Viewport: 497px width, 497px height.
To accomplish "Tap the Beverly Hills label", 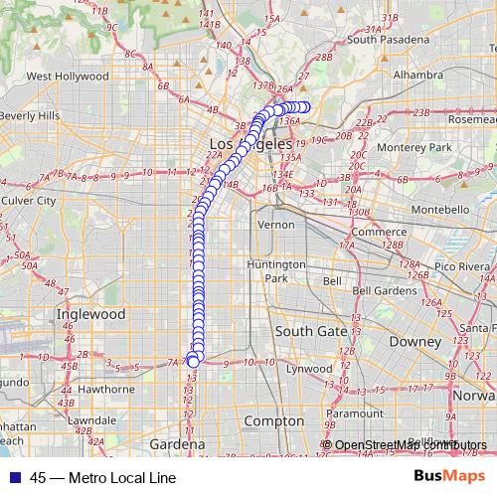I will [x=29, y=115].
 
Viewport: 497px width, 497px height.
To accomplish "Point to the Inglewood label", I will [x=91, y=313].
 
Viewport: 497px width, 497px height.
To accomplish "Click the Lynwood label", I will [x=310, y=368].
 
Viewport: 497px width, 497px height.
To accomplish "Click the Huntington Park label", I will [x=276, y=271].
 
